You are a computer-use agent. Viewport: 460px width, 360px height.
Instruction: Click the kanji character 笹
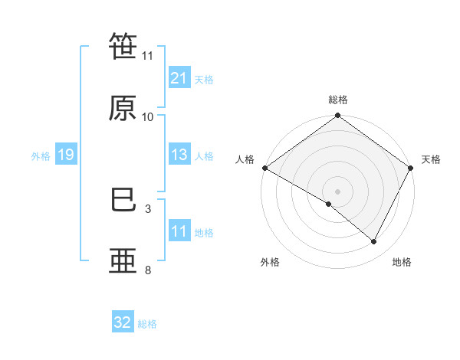[x=123, y=47]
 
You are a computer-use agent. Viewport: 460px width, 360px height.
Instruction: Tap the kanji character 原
[x=123, y=109]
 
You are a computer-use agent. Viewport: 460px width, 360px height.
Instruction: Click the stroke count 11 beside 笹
[x=148, y=55]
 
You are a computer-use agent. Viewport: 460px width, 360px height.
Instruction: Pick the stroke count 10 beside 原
[x=148, y=116]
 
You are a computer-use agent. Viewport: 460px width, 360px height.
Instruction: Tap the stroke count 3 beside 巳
[x=148, y=208]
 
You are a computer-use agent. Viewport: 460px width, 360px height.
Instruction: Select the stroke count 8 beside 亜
[x=148, y=270]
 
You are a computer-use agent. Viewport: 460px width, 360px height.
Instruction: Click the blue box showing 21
[x=179, y=78]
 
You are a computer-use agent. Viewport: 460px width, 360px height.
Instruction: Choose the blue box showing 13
[x=179, y=155]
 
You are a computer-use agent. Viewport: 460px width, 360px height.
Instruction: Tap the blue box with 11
[x=179, y=231]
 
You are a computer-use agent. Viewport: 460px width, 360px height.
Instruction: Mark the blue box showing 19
[x=65, y=155]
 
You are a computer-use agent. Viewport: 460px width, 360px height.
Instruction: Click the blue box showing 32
[x=123, y=322]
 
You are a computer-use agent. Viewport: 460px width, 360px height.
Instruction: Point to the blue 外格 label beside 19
[x=41, y=155]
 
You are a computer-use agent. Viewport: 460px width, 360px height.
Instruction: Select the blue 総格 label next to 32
[x=147, y=323]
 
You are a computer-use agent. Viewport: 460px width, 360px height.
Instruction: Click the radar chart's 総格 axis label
[x=338, y=100]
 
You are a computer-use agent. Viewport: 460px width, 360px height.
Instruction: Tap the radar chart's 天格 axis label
[x=431, y=159]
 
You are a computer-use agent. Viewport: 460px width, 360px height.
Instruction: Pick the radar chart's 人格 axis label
[x=245, y=159]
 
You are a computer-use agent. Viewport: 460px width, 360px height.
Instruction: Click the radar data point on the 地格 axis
[x=374, y=242]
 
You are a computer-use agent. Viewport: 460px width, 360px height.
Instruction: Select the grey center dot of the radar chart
[x=337, y=191]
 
